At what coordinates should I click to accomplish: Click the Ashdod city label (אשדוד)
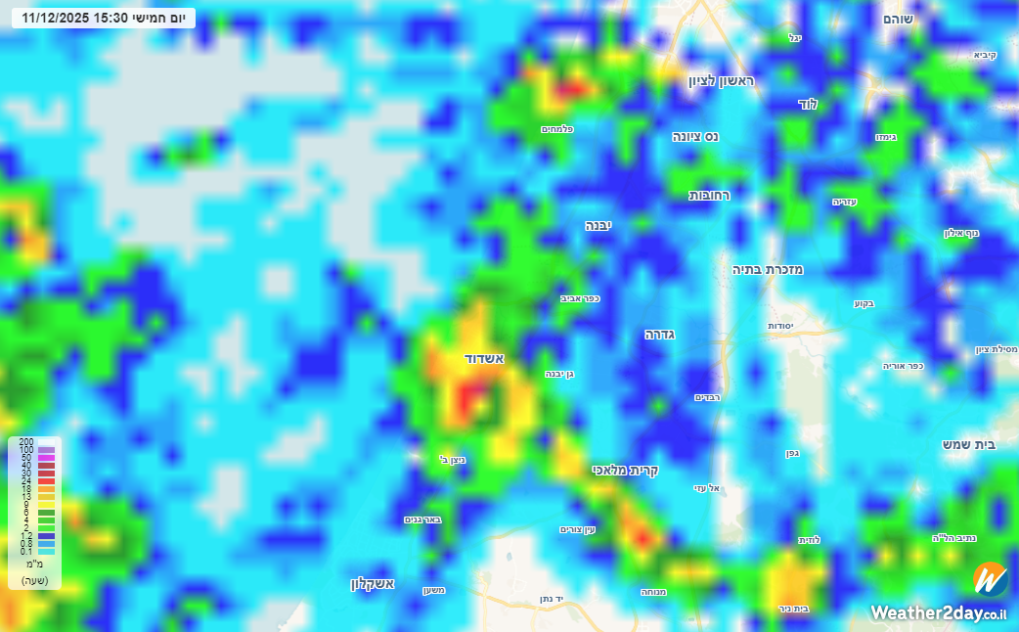click(x=484, y=359)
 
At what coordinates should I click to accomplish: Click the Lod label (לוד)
click(x=808, y=104)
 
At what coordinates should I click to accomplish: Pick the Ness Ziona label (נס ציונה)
click(x=695, y=136)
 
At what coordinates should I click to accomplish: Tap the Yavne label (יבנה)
click(x=598, y=225)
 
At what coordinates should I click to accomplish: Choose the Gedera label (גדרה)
click(x=660, y=335)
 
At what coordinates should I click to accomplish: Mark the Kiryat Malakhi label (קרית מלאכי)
click(x=622, y=470)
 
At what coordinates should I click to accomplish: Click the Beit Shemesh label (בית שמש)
click(x=968, y=444)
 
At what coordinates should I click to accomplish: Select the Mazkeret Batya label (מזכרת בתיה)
click(x=768, y=269)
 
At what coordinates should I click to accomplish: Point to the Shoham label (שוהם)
click(x=898, y=19)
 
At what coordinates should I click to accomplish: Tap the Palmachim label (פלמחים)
click(x=556, y=129)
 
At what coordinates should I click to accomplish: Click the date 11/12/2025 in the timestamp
click(x=56, y=18)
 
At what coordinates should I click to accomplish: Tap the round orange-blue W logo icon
click(x=990, y=579)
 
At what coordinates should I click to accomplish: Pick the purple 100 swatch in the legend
click(x=46, y=450)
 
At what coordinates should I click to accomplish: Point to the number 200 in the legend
click(x=26, y=442)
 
